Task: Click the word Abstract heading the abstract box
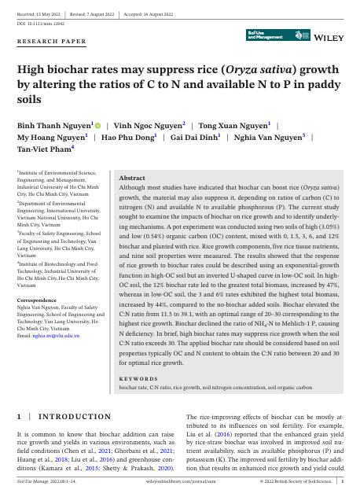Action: pyautogui.click(x=131, y=179)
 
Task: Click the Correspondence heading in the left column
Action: pyautogui.click(x=39, y=300)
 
